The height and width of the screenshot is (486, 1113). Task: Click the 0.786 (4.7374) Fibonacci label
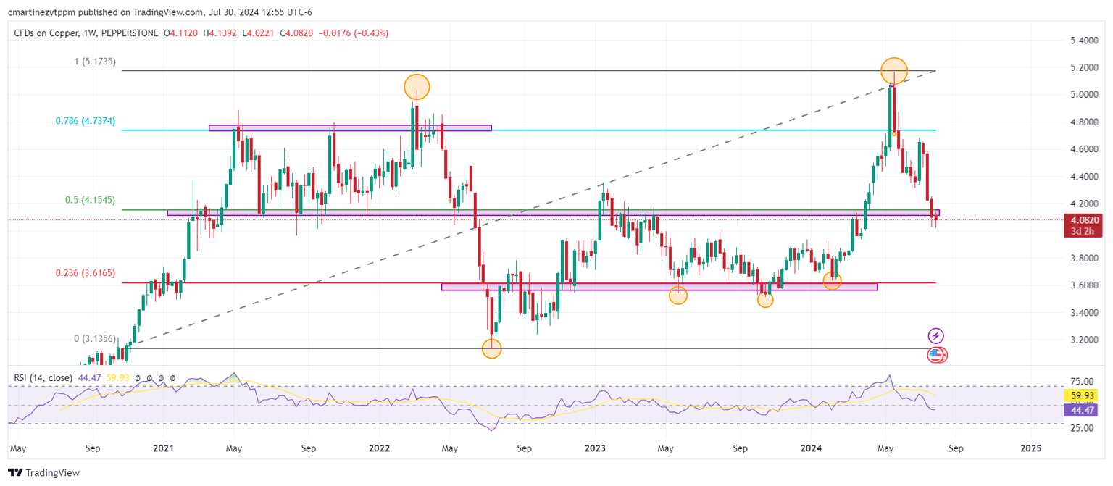point(85,121)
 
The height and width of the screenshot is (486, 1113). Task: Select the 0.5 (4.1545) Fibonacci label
point(86,201)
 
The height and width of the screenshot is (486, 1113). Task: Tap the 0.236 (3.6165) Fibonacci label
point(86,274)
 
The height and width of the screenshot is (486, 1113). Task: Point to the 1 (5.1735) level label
point(96,62)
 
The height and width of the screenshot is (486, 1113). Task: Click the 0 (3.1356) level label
point(96,338)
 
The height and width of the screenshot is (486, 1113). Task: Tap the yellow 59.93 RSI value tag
point(1081,395)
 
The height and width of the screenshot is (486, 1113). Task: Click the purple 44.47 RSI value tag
point(1081,410)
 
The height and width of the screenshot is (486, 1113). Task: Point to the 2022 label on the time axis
point(380,448)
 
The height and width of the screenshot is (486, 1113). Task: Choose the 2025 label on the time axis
point(1030,448)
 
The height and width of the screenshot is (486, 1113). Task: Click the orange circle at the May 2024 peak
point(895,70)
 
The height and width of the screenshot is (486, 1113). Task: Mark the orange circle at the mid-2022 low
point(491,349)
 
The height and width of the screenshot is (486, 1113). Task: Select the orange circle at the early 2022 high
point(417,87)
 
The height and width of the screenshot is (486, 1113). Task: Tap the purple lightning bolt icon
point(936,335)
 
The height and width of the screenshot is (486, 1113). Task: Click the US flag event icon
point(936,355)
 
